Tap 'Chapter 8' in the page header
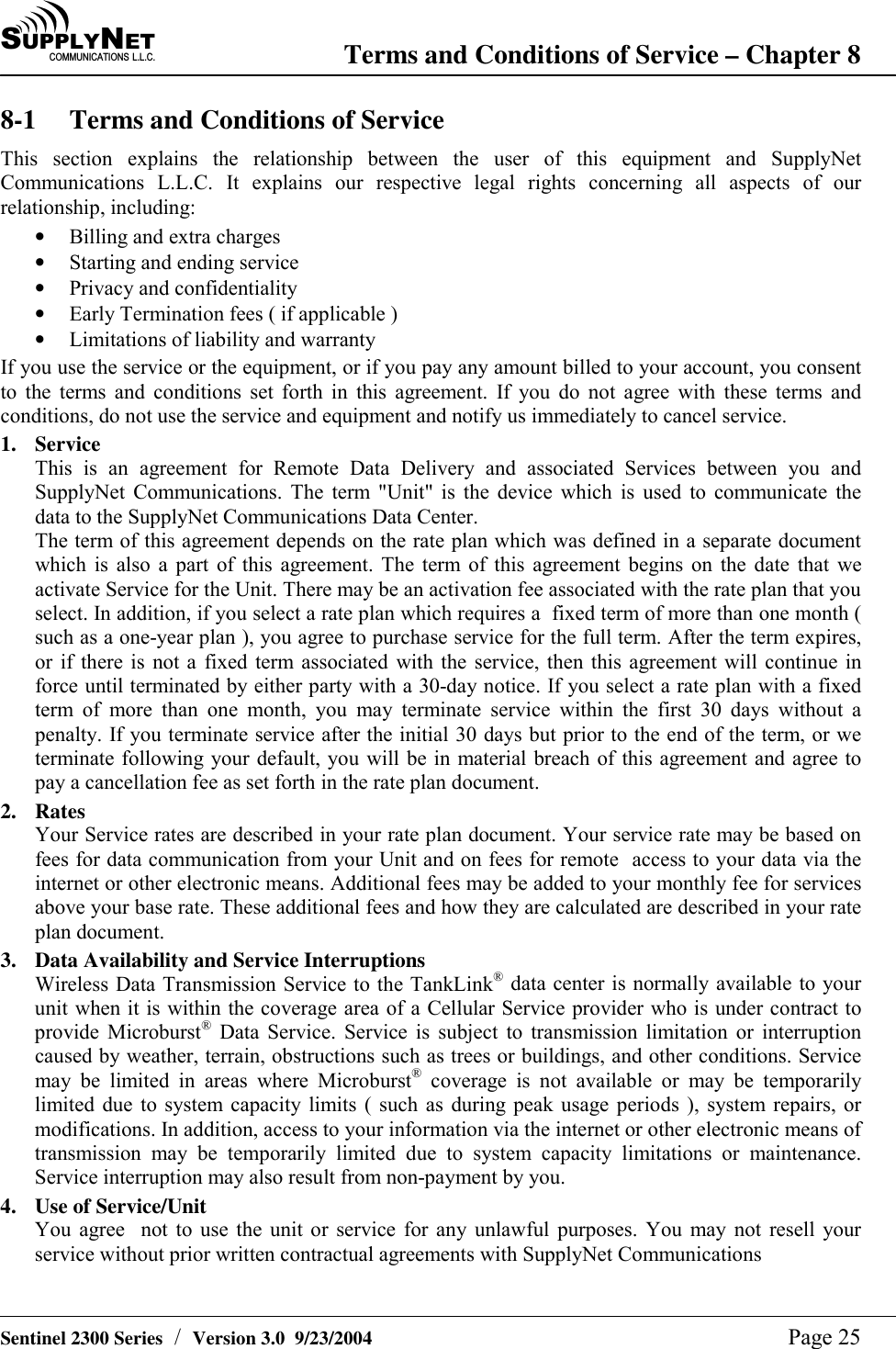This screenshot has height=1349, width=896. click(x=803, y=55)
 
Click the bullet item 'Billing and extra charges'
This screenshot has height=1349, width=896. click(x=174, y=237)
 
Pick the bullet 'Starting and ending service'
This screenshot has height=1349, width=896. click(x=184, y=263)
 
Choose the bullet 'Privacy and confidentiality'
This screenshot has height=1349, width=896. click(x=183, y=288)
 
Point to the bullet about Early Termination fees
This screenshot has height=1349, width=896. click(x=233, y=314)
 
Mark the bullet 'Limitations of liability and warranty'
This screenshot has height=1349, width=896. click(x=222, y=340)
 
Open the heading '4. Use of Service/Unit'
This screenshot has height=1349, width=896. click(x=120, y=1207)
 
